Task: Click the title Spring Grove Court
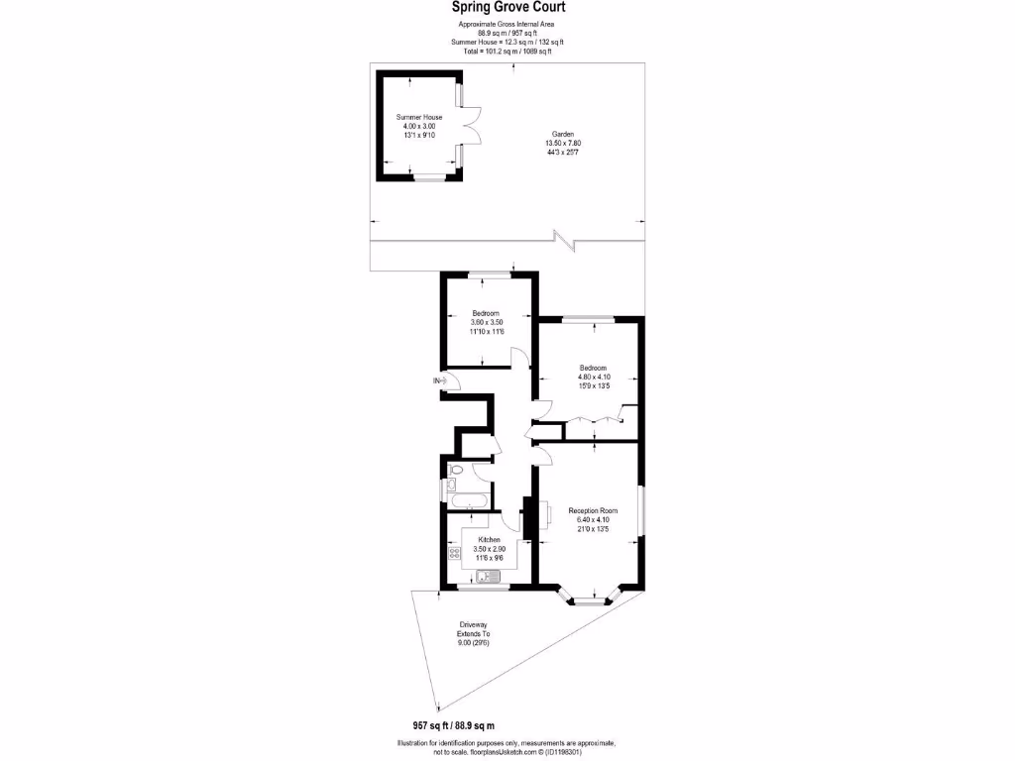click(507, 7)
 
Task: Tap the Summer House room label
click(419, 117)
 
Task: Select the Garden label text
click(563, 134)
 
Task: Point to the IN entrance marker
click(436, 380)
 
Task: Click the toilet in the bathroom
click(455, 472)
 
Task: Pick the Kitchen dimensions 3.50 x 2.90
click(490, 549)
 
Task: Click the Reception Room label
click(593, 510)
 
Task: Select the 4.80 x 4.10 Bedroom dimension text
click(594, 377)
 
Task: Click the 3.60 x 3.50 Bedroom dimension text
click(487, 322)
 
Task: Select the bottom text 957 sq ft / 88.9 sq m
click(453, 726)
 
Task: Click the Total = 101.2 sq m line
click(507, 50)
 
